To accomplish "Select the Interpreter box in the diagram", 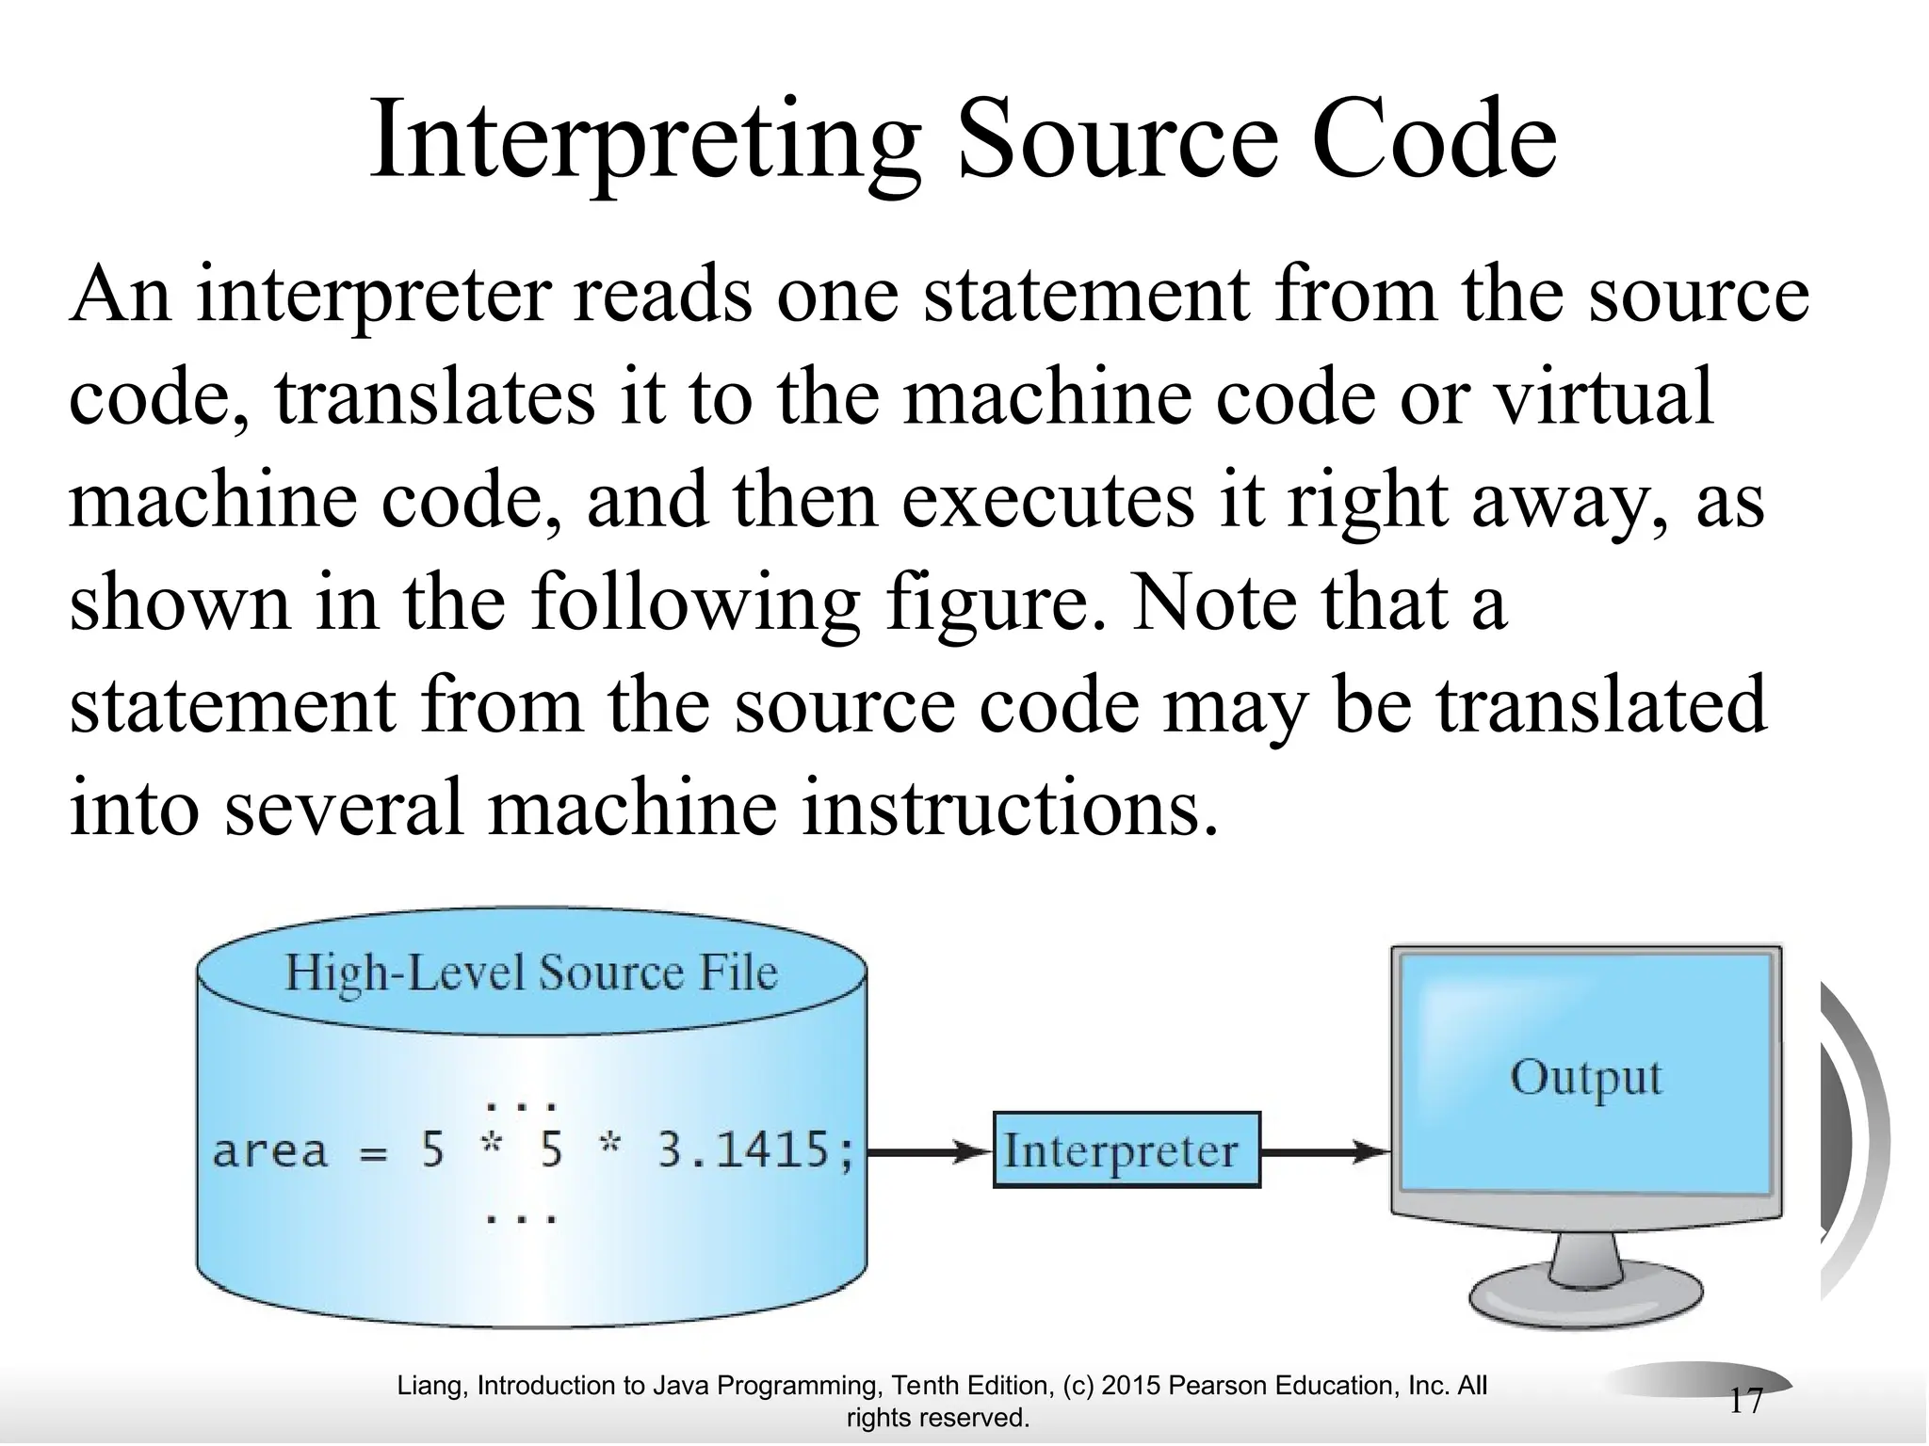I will tap(1127, 1150).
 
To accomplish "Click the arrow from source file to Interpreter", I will tap(928, 1150).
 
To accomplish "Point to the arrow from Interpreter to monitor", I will tap(1323, 1150).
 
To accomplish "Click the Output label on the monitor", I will tap(1586, 1078).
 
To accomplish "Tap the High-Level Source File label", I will tap(531, 972).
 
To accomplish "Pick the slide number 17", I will tap(1745, 1402).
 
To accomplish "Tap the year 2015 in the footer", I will tap(1130, 1386).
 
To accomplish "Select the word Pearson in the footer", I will tap(1220, 1386).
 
